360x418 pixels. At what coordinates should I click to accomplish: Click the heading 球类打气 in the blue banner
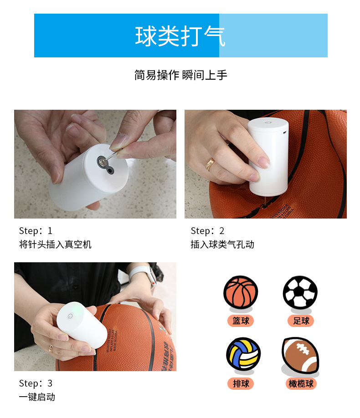[x=180, y=36]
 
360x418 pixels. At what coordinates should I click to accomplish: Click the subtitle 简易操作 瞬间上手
[x=180, y=75]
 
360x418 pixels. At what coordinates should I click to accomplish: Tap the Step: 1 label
[x=36, y=231]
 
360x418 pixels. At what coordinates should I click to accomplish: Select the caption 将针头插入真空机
[x=55, y=245]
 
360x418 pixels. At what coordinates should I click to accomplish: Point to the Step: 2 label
[x=207, y=231]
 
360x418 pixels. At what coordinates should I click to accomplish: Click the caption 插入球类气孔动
[x=222, y=245]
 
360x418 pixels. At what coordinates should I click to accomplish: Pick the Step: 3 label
[x=36, y=383]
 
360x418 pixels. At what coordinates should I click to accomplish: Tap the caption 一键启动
[x=37, y=397]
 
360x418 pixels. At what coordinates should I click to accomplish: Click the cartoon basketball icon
[x=241, y=292]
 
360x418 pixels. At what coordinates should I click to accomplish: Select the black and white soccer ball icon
[x=300, y=291]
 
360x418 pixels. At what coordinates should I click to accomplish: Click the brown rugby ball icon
[x=300, y=354]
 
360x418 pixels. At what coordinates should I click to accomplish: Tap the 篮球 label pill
[x=241, y=321]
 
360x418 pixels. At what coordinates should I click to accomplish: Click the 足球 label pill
[x=301, y=321]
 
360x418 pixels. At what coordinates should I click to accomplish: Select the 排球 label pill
[x=241, y=384]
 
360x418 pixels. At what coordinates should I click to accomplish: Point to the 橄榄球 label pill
[x=301, y=384]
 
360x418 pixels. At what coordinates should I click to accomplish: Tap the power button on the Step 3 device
[x=70, y=316]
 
